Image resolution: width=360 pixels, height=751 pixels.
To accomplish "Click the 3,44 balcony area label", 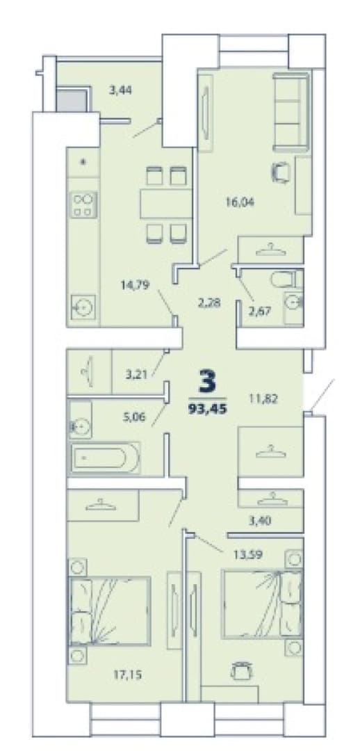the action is pyautogui.click(x=121, y=90).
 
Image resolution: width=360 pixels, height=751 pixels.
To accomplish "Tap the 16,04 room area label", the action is pyautogui.click(x=240, y=202).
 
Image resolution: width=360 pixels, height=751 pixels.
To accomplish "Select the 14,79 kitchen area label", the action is pyautogui.click(x=136, y=286).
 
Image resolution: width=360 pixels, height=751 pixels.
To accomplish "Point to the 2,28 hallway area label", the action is pyautogui.click(x=208, y=302).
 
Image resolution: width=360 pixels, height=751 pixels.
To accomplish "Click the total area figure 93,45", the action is pyautogui.click(x=207, y=410).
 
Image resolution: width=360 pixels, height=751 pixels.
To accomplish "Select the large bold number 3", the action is pyautogui.click(x=208, y=381).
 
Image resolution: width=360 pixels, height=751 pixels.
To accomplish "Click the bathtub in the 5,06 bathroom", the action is pyautogui.click(x=106, y=458).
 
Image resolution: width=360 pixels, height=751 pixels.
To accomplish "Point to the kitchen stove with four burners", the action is pyautogui.click(x=84, y=204).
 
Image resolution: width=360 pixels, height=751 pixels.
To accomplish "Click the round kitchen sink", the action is pyautogui.click(x=83, y=307).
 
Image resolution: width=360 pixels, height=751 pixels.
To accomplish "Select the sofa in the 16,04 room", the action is pyautogui.click(x=291, y=112).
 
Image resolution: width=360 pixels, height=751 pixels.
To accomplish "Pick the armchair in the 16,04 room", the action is pyautogui.click(x=281, y=172).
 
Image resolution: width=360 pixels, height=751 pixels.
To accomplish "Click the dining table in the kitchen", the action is pyautogui.click(x=166, y=204).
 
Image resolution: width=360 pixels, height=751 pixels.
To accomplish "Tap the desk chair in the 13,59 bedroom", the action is pyautogui.click(x=240, y=670).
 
